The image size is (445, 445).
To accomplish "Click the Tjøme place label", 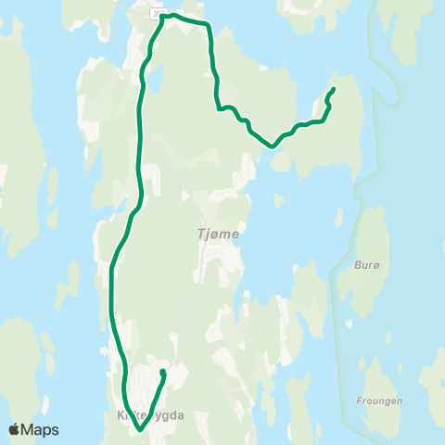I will [219, 234].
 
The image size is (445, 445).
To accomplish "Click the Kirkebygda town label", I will [152, 416].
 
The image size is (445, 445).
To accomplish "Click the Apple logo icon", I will [14, 429].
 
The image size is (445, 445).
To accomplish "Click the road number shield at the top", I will [158, 12].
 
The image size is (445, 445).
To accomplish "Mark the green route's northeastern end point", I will [333, 89].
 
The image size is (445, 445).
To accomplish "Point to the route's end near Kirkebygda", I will [162, 372].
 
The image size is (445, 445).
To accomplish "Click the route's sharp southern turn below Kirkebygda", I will [139, 430].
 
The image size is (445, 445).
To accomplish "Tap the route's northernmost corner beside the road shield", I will [163, 16].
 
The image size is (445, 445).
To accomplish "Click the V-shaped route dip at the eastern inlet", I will [272, 146].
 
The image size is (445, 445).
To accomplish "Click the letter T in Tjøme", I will [201, 234].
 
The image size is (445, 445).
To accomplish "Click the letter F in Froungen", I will [358, 401].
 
